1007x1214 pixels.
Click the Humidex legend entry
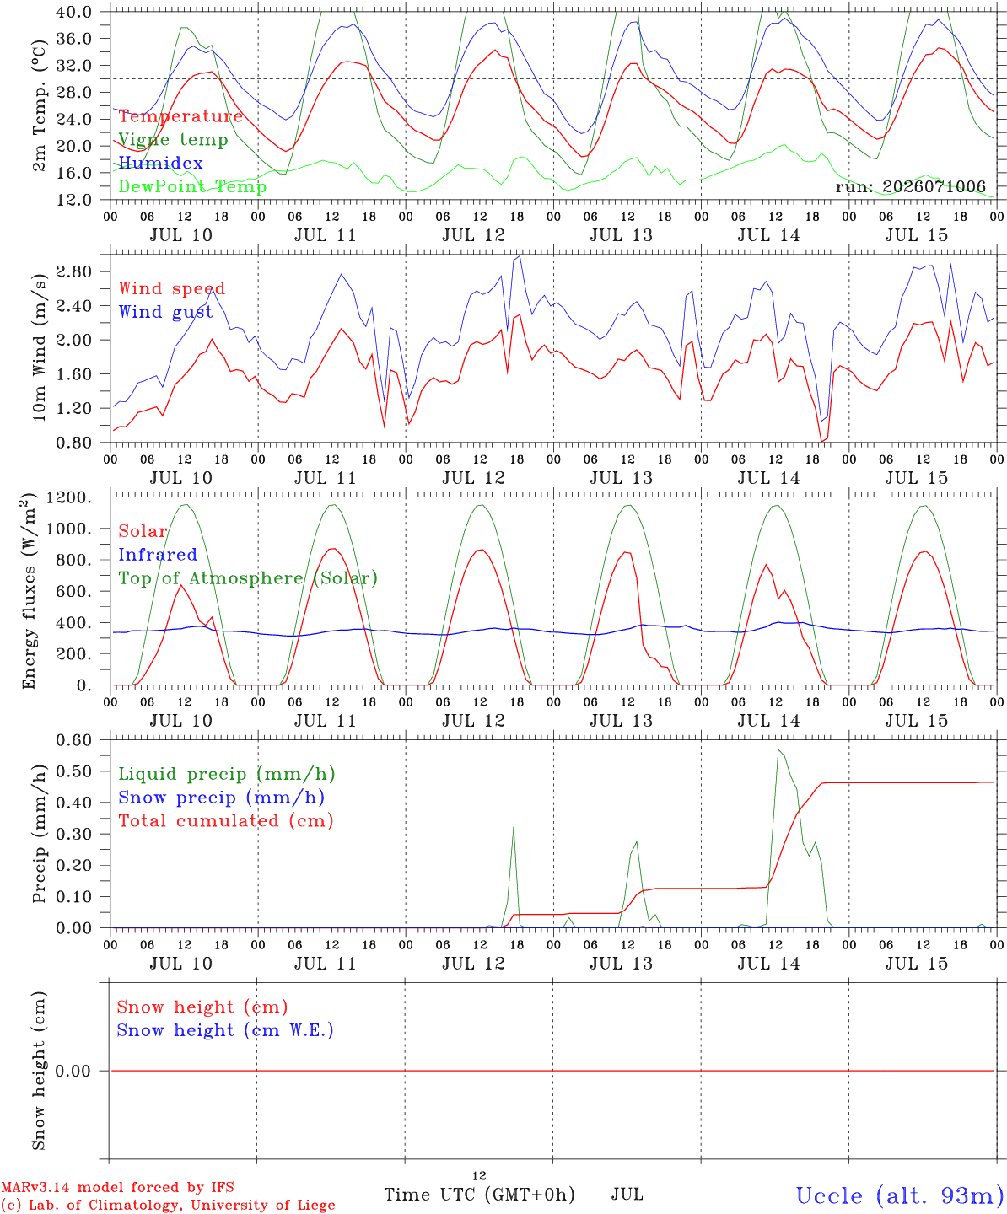(160, 163)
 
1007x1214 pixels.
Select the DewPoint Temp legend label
(192, 186)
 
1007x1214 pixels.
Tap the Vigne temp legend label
(173, 140)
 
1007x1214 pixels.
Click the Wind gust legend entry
(165, 312)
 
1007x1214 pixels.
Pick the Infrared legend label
(158, 555)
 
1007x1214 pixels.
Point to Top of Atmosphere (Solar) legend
(248, 578)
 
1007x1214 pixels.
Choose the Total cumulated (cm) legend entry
(226, 821)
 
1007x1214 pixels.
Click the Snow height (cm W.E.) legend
(225, 1030)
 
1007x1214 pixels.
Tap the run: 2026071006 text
(910, 186)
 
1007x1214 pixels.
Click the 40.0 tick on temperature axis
(74, 12)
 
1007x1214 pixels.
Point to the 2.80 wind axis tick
(74, 271)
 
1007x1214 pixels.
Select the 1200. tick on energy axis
(69, 497)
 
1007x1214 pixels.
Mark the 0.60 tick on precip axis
(74, 740)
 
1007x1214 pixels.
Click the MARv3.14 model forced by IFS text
(117, 1187)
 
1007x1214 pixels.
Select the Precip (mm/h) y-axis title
(39, 834)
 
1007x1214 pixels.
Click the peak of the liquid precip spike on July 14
(778, 749)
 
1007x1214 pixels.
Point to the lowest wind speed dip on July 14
(821, 442)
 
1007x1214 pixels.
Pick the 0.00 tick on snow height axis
(73, 1071)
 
